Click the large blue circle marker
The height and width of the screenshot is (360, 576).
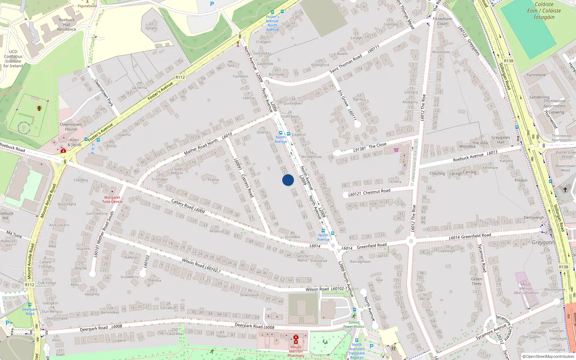pos(288,180)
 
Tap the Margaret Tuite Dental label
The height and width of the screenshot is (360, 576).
pos(112,199)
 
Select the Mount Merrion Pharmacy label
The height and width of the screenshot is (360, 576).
pos(296,351)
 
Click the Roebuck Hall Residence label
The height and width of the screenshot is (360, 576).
pos(67,24)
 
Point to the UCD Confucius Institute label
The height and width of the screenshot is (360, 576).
pos(13,59)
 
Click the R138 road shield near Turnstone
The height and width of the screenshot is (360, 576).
pos(508,61)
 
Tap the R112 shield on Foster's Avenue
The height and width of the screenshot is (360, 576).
pos(180,77)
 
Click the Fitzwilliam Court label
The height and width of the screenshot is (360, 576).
pos(442,21)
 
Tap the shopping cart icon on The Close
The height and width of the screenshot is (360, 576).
pos(396,150)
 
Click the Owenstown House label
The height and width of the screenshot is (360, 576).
pos(71,127)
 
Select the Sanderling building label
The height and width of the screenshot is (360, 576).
pos(539,97)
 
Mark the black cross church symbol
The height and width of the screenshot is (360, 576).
pos(565,189)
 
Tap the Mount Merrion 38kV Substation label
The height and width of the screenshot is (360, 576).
pos(526,288)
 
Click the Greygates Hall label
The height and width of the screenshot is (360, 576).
pos(501,140)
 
